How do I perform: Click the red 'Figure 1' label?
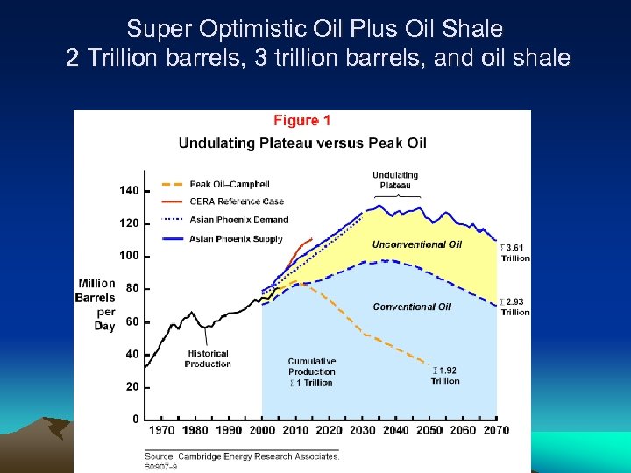[x=302, y=120]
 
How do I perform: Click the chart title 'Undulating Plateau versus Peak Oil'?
[x=302, y=142]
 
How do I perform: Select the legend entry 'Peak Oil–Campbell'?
[x=230, y=185]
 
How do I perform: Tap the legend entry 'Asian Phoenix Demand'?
[x=238, y=220]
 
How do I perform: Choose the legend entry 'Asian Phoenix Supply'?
[x=237, y=239]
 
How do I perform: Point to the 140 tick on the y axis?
[x=129, y=190]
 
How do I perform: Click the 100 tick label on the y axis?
[x=129, y=256]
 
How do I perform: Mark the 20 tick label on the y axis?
[x=131, y=386]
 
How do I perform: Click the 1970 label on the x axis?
[x=161, y=431]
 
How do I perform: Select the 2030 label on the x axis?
[x=362, y=431]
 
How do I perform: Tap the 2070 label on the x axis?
[x=495, y=431]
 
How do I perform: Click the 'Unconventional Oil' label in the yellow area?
[x=417, y=244]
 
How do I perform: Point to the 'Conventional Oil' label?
[x=412, y=307]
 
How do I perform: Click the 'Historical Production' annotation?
[x=208, y=359]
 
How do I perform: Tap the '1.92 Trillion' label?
[x=445, y=376]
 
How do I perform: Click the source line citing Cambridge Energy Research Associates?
[x=242, y=456]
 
